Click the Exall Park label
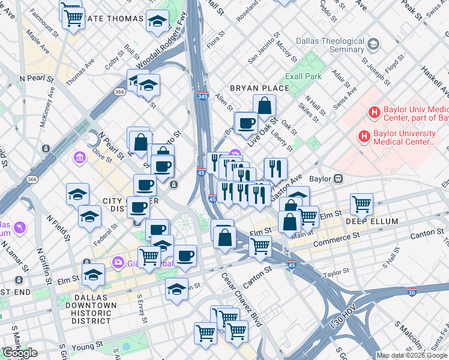(x=303, y=76)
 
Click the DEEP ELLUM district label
(x=372, y=221)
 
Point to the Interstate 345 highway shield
(x=202, y=97)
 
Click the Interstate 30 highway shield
(x=411, y=292)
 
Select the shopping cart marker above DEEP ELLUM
(x=361, y=204)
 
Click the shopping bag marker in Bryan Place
(x=264, y=106)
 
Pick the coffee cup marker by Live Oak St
(x=246, y=124)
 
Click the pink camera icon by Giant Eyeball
(x=118, y=262)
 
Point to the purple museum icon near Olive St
(x=79, y=158)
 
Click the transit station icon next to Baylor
(x=338, y=178)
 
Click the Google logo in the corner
(x=20, y=353)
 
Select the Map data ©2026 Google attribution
(x=411, y=356)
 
